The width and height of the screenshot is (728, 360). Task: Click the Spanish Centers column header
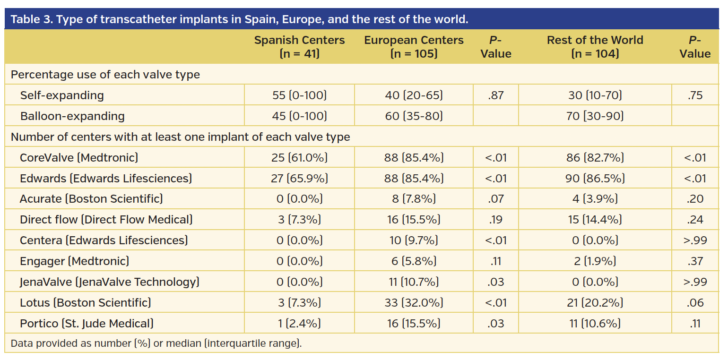click(x=299, y=47)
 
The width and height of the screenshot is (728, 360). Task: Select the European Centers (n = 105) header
click(x=414, y=47)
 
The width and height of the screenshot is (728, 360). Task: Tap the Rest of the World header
click(x=595, y=47)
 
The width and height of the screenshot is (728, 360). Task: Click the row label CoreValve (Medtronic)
click(x=79, y=157)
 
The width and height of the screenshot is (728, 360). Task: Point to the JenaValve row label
click(x=109, y=282)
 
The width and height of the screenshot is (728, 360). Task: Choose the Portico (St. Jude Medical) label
click(x=87, y=324)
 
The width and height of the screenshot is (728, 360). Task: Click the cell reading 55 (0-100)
click(x=299, y=95)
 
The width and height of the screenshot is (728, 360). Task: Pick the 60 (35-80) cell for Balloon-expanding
click(x=414, y=116)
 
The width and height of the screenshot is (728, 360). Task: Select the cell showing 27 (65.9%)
click(x=299, y=178)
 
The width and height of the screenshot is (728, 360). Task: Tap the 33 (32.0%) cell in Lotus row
click(x=414, y=303)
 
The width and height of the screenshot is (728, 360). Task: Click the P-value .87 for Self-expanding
click(x=495, y=95)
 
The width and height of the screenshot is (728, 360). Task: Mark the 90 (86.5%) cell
click(x=595, y=178)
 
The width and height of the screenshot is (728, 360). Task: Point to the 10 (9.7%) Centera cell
click(x=414, y=240)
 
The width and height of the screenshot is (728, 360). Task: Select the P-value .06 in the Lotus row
click(x=695, y=303)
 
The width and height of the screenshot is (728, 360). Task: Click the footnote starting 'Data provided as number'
click(x=156, y=343)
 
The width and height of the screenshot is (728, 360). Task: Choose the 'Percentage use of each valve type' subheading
click(x=105, y=75)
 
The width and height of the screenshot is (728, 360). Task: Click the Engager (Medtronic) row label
click(x=74, y=261)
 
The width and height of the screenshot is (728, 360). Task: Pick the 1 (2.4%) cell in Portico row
click(x=299, y=324)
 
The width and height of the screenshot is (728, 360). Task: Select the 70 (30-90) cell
click(x=595, y=116)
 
